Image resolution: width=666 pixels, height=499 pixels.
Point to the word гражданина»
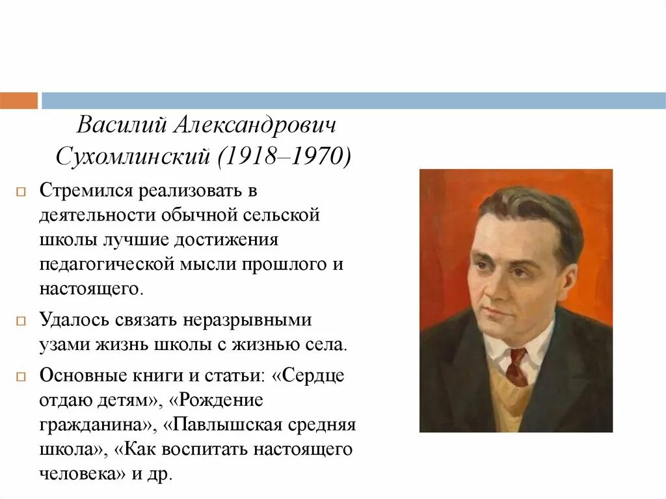click(98, 425)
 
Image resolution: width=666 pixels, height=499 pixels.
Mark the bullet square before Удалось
click(21, 321)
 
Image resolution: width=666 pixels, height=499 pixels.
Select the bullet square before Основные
click(21, 376)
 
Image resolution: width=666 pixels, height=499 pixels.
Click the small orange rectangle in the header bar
click(18, 101)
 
